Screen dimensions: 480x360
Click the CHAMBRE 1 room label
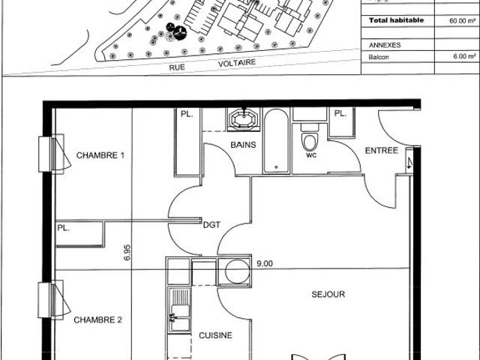pyautogui.click(x=100, y=155)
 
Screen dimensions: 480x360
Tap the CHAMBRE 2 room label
pyautogui.click(x=98, y=320)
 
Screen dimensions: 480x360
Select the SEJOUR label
pyautogui.click(x=328, y=294)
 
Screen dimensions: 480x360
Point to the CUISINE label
pyautogui.click(x=215, y=335)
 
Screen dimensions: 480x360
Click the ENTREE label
pyautogui.click(x=382, y=151)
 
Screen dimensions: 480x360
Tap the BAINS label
pyautogui.click(x=243, y=145)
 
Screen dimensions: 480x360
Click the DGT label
pyautogui.click(x=211, y=225)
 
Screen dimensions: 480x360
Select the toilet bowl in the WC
pyautogui.click(x=310, y=142)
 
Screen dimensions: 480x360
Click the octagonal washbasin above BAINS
pyautogui.click(x=244, y=118)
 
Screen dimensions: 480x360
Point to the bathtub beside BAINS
pyautogui.click(x=276, y=141)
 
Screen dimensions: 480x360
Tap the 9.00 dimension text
pyautogui.click(x=265, y=263)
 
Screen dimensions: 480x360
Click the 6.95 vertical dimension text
pyautogui.click(x=127, y=252)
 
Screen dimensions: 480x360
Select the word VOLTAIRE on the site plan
pyautogui.click(x=237, y=63)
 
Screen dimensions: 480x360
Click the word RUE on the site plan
pyautogui.click(x=177, y=67)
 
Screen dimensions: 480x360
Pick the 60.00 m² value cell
pyautogui.click(x=462, y=21)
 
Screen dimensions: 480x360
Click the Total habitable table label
pyautogui.click(x=396, y=20)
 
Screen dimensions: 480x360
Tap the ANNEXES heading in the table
pyautogui.click(x=385, y=45)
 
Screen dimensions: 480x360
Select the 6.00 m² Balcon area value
pyautogui.click(x=464, y=56)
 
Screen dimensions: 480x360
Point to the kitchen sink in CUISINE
pyautogui.click(x=179, y=310)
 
